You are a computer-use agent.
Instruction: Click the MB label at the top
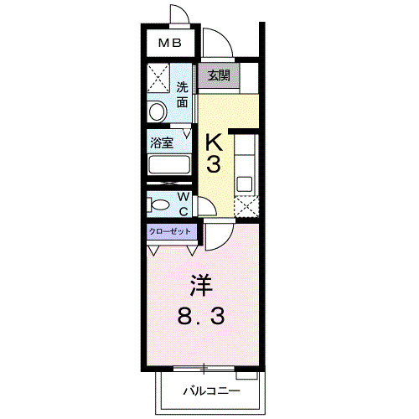tap(170, 43)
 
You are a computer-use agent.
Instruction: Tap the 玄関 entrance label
tap(218, 75)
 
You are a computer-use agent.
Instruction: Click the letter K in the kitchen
tap(214, 140)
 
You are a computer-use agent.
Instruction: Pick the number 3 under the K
tap(214, 164)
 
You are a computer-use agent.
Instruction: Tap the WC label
tap(183, 202)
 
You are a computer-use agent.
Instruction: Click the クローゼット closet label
tap(170, 231)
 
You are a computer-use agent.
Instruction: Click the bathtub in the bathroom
tap(170, 166)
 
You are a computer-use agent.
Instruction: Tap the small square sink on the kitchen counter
tap(245, 182)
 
